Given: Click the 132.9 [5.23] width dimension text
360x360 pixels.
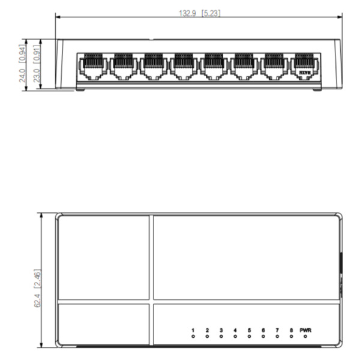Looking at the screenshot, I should pyautogui.click(x=199, y=13).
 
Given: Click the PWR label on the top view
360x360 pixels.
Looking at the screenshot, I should pyautogui.click(x=305, y=330).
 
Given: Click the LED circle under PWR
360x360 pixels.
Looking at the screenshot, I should pyautogui.click(x=305, y=337).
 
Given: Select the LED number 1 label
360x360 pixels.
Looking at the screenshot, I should pyautogui.click(x=193, y=330).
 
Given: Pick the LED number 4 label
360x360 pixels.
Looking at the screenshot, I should pyautogui.click(x=235, y=330).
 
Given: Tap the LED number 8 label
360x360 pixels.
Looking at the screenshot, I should pyautogui.click(x=291, y=330).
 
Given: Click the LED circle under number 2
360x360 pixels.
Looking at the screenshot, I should pyautogui.click(x=207, y=337).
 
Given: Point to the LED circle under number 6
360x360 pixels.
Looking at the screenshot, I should pyautogui.click(x=263, y=337).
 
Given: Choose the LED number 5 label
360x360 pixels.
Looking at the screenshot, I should pyautogui.click(x=249, y=330).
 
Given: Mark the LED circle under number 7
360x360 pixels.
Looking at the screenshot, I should pyautogui.click(x=277, y=337).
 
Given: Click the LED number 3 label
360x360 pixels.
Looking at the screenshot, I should pyautogui.click(x=221, y=330).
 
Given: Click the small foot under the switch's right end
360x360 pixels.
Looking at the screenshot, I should pyautogui.click(x=317, y=90).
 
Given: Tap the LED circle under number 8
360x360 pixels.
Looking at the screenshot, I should pyautogui.click(x=291, y=337).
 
